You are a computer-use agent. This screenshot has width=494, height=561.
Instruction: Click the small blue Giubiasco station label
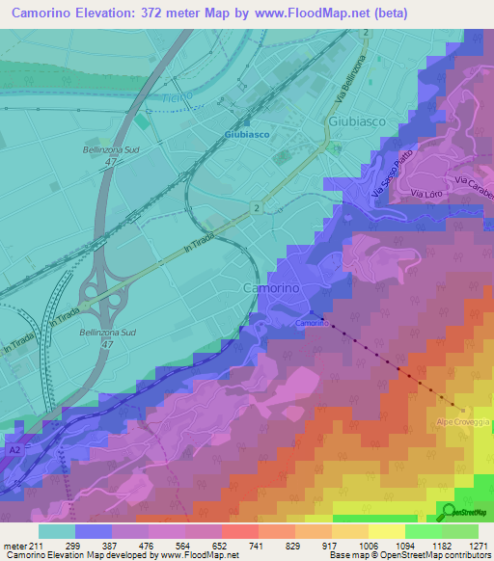245,135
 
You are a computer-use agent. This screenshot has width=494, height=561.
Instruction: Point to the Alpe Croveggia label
461,422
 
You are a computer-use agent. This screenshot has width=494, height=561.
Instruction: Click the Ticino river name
177,93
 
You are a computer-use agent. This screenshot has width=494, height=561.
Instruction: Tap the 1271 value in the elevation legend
479,545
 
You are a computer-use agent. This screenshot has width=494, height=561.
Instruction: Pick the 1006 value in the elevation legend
370,545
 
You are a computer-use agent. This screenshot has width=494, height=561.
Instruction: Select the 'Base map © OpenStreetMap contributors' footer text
408,555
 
